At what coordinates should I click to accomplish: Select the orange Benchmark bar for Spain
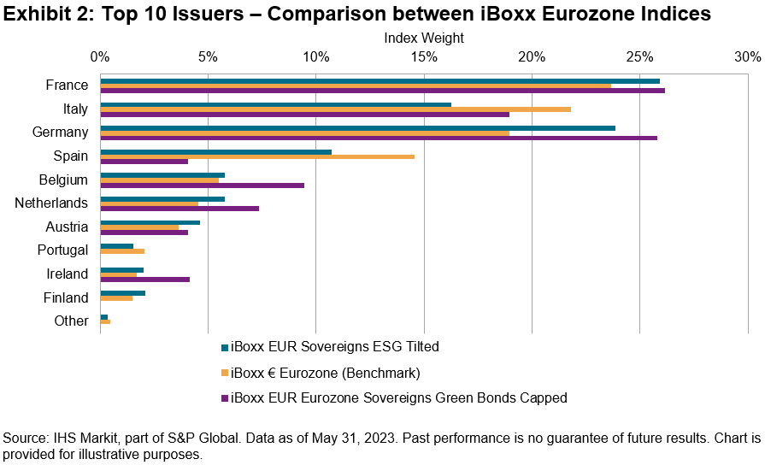(x=257, y=156)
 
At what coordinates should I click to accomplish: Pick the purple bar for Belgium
(x=202, y=185)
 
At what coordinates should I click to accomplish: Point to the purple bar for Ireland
(x=144, y=280)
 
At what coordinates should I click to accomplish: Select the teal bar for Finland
(x=122, y=292)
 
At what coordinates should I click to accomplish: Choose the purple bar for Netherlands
(x=179, y=209)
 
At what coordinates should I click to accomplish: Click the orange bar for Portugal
(x=122, y=251)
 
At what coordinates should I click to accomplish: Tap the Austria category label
(x=67, y=227)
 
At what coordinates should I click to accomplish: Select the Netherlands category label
(x=51, y=203)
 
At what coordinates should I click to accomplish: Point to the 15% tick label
(x=424, y=56)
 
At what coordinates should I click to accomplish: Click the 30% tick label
(x=747, y=56)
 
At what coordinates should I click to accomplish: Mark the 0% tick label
(x=100, y=56)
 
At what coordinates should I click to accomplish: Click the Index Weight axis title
(x=424, y=38)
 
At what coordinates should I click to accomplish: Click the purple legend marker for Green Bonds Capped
(x=224, y=397)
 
